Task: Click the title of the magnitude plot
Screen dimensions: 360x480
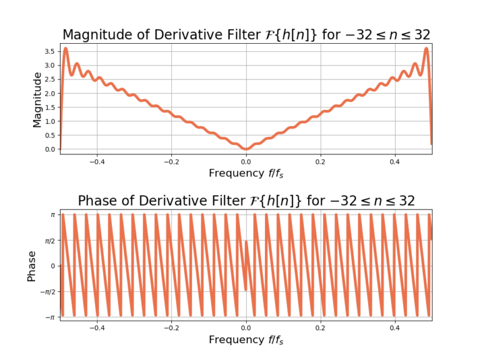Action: click(246, 34)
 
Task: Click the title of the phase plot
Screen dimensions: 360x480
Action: click(246, 200)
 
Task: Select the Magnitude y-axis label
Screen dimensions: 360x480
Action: click(37, 99)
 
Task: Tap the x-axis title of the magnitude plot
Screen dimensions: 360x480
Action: click(246, 173)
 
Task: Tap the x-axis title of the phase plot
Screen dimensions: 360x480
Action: click(246, 339)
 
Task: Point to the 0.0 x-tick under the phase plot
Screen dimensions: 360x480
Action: click(246, 327)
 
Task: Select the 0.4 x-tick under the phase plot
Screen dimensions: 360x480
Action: click(395, 327)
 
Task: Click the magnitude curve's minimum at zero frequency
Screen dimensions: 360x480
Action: click(246, 149)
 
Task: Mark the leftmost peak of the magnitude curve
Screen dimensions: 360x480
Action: click(66, 49)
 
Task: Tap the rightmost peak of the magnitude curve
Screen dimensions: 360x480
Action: click(426, 49)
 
